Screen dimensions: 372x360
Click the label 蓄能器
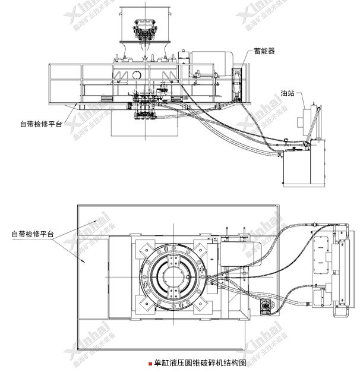pos(264,51)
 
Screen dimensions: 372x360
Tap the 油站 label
pos(288,93)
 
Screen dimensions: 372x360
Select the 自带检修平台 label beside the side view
pos(41,124)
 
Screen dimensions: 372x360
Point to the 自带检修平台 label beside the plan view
pos(33,234)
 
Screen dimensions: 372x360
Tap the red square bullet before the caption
pos(150,363)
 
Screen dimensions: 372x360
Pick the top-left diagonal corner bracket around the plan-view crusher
pos(146,252)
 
